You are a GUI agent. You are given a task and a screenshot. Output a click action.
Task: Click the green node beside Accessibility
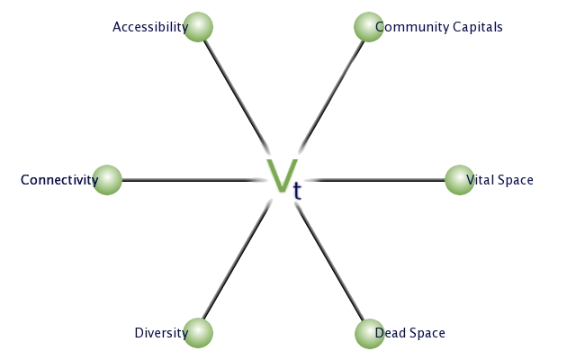click(x=198, y=27)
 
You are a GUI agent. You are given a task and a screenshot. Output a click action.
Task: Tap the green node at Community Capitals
click(x=369, y=27)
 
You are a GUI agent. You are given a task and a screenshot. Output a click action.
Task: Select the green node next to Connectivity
click(x=107, y=180)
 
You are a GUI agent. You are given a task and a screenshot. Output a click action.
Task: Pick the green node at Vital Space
click(x=460, y=180)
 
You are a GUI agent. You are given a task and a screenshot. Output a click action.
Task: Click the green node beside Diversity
click(x=198, y=333)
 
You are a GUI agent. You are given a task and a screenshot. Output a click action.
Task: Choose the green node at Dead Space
click(x=370, y=334)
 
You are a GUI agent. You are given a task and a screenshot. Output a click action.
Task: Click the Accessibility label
click(x=150, y=27)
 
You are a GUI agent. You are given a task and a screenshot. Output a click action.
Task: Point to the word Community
click(x=412, y=27)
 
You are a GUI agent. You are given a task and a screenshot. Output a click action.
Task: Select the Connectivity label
click(x=59, y=180)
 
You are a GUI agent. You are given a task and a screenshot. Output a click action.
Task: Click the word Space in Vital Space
click(x=516, y=180)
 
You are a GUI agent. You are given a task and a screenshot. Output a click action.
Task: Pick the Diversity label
click(x=161, y=333)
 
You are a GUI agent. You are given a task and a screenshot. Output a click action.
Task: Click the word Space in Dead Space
click(x=428, y=333)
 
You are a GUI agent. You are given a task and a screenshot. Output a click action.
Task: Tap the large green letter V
click(x=282, y=175)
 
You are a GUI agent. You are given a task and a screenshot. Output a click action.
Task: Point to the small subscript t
click(x=297, y=191)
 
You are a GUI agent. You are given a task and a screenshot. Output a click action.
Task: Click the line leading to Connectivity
click(x=192, y=180)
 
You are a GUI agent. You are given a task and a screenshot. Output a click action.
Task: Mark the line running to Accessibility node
click(x=237, y=96)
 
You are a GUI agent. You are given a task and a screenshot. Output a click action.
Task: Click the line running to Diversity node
click(x=237, y=262)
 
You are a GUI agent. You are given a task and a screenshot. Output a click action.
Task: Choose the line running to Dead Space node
click(x=329, y=262)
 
